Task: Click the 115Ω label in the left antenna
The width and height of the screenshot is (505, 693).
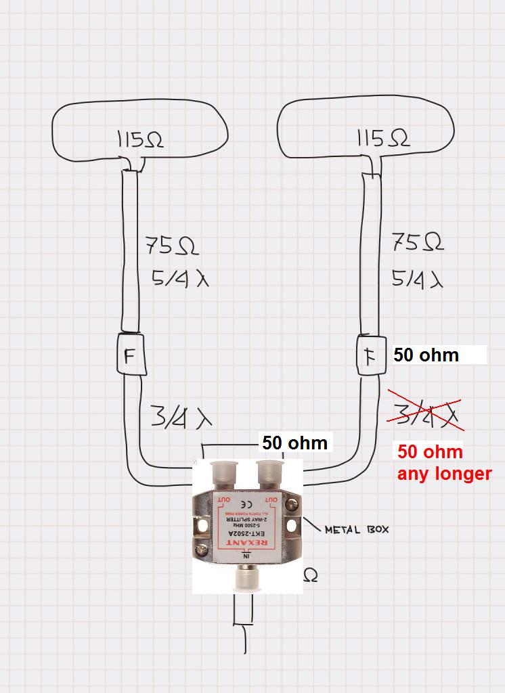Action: pyautogui.click(x=140, y=140)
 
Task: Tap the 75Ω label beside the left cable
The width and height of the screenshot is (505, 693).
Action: pyautogui.click(x=172, y=246)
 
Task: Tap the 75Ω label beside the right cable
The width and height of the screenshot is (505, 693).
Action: pyautogui.click(x=418, y=242)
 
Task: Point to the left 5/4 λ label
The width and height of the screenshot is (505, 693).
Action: pyautogui.click(x=179, y=277)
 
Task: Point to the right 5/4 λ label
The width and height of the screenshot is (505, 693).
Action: pyautogui.click(x=417, y=278)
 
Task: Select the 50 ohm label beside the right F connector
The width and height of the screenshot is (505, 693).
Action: pyautogui.click(x=426, y=355)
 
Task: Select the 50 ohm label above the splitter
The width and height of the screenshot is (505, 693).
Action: pyautogui.click(x=294, y=443)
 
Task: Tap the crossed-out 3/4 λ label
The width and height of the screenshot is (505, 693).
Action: pyautogui.click(x=424, y=411)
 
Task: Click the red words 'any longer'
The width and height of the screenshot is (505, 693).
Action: pyautogui.click(x=444, y=473)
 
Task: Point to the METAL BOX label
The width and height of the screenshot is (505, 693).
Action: pyautogui.click(x=357, y=529)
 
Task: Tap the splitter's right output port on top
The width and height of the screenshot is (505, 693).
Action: pyautogui.click(x=270, y=474)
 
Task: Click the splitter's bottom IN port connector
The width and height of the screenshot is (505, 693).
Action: pyautogui.click(x=247, y=579)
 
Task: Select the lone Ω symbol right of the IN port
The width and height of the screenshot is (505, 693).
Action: pyautogui.click(x=311, y=576)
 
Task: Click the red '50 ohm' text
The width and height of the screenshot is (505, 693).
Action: pyautogui.click(x=430, y=452)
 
